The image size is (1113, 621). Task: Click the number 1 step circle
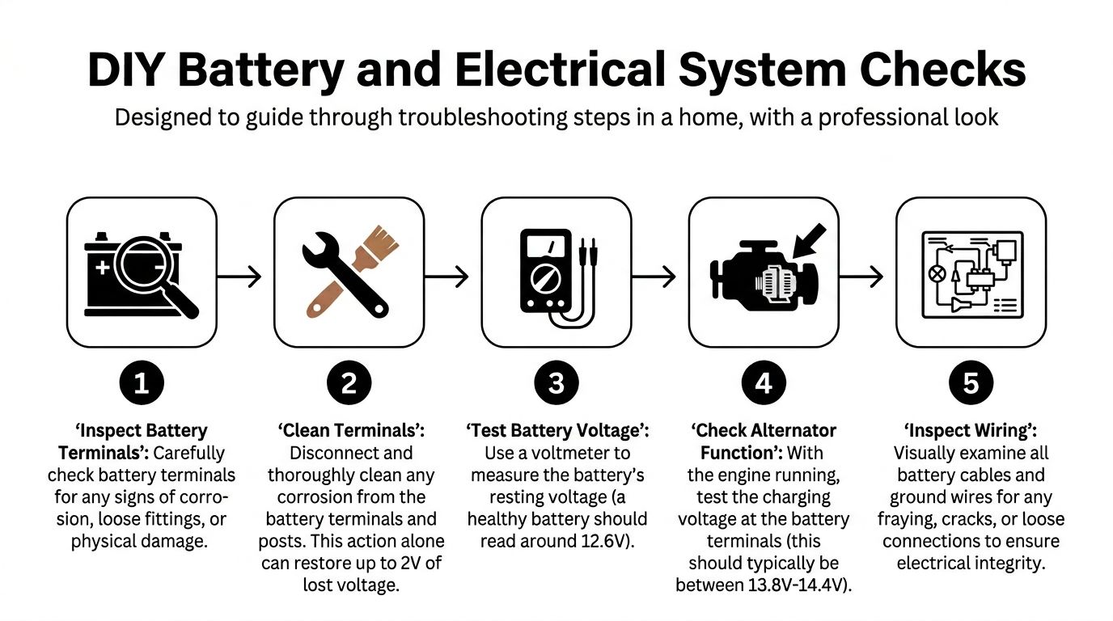(x=142, y=383)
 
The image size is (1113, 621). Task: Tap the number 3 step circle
(x=556, y=383)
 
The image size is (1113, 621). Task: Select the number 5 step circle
(x=971, y=383)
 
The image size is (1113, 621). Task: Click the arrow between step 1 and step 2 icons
(x=240, y=277)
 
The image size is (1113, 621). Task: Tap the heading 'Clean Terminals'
(x=349, y=431)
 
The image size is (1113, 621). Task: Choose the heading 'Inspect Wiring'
(x=971, y=431)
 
